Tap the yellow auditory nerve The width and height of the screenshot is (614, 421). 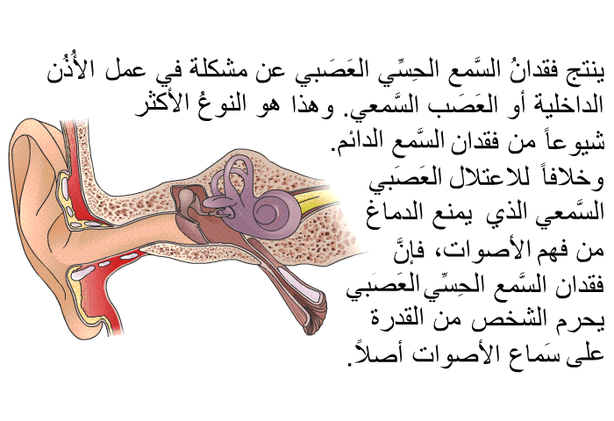[x=315, y=198]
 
